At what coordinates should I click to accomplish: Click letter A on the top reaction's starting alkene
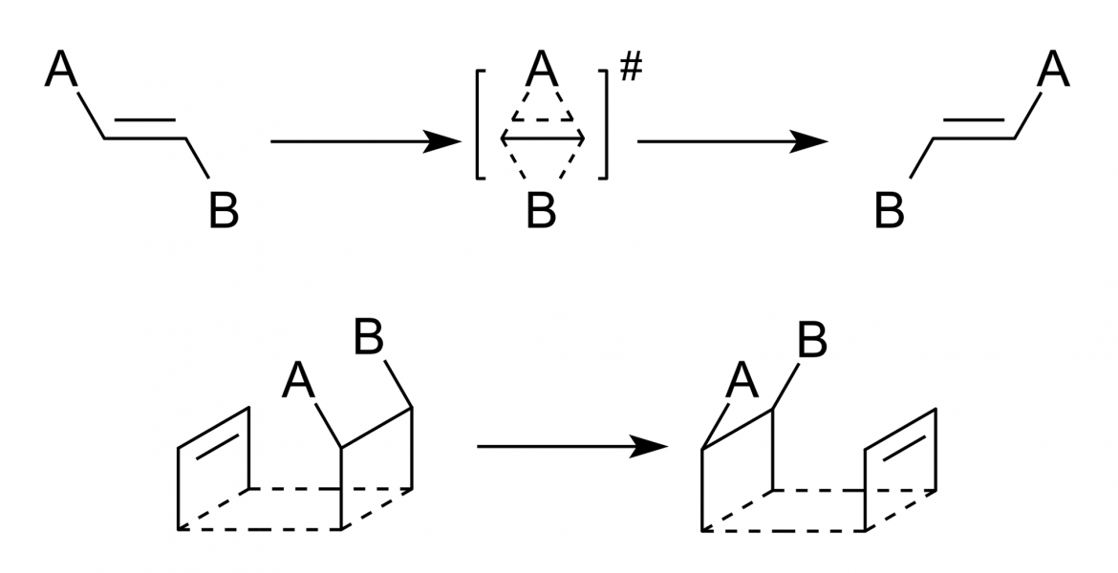60,70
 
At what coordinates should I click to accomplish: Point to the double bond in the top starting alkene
145,129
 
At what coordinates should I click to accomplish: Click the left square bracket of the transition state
481,124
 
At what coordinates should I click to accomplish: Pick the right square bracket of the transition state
603,124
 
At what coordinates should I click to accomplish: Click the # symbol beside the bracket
631,68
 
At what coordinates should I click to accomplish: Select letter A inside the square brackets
542,70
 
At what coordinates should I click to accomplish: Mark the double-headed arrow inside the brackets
543,137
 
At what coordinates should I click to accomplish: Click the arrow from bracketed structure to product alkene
733,141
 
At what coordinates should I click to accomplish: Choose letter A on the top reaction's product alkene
1054,70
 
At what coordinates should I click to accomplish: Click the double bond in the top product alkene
974,129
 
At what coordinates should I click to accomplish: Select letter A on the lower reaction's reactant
298,381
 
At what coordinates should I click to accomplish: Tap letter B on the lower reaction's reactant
369,337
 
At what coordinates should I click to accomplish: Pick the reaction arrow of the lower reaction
572,447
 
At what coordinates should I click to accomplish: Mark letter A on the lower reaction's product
742,381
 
